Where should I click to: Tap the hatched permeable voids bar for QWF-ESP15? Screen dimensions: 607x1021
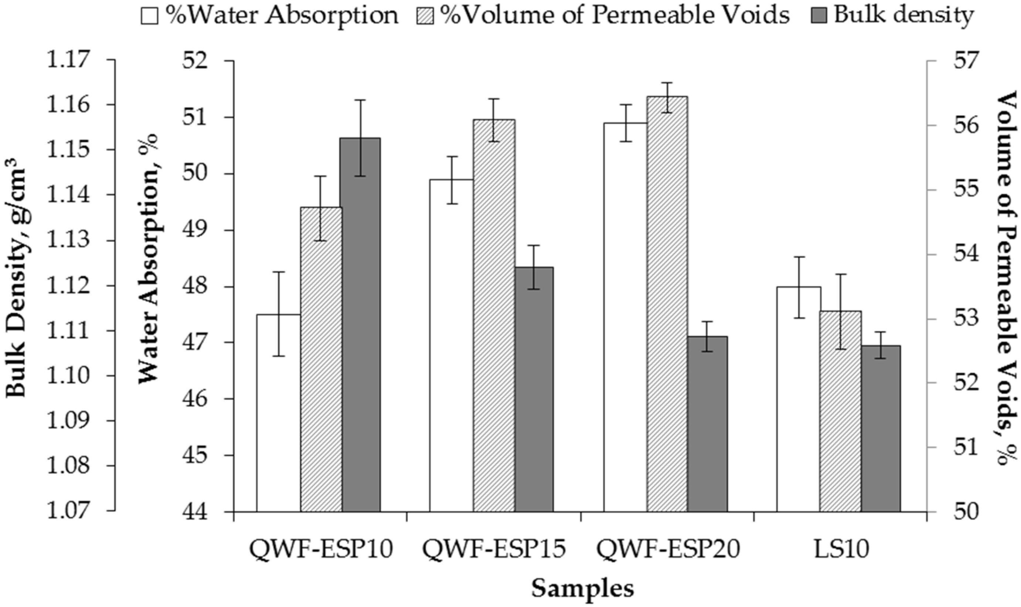point(494,315)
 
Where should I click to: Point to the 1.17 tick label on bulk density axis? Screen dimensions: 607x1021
point(68,60)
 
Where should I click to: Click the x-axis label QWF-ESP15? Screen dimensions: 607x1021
point(494,550)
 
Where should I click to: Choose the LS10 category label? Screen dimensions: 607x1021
point(841,550)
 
